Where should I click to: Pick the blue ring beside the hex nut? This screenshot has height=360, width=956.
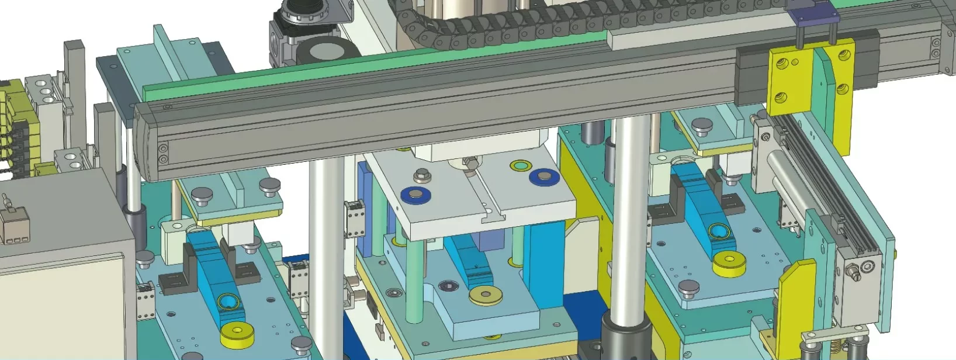pos(416,195)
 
